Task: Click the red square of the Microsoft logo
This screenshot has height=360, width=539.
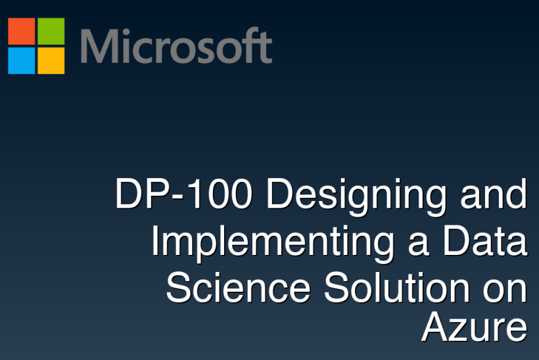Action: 21,31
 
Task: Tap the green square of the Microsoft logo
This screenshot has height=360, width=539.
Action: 51,31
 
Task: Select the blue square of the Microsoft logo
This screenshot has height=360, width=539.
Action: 21,60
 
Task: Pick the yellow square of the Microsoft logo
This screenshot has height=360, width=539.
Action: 51,60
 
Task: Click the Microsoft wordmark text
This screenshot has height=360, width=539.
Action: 176,46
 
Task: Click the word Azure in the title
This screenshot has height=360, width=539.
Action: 474,327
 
